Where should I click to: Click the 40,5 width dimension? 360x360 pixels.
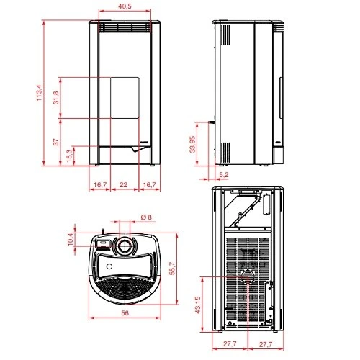coord(125,6)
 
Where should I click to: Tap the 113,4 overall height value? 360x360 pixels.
coord(40,93)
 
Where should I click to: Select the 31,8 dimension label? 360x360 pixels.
coord(56,98)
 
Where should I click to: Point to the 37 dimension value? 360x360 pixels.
coord(56,142)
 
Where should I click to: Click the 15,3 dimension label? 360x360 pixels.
coord(69,156)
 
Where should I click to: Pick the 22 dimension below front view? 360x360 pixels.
coord(123,185)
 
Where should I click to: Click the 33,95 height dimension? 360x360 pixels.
coord(192,144)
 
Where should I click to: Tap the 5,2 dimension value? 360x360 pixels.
coord(224,175)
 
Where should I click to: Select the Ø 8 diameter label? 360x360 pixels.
coord(146,217)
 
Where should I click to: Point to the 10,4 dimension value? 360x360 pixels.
coord(71,239)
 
